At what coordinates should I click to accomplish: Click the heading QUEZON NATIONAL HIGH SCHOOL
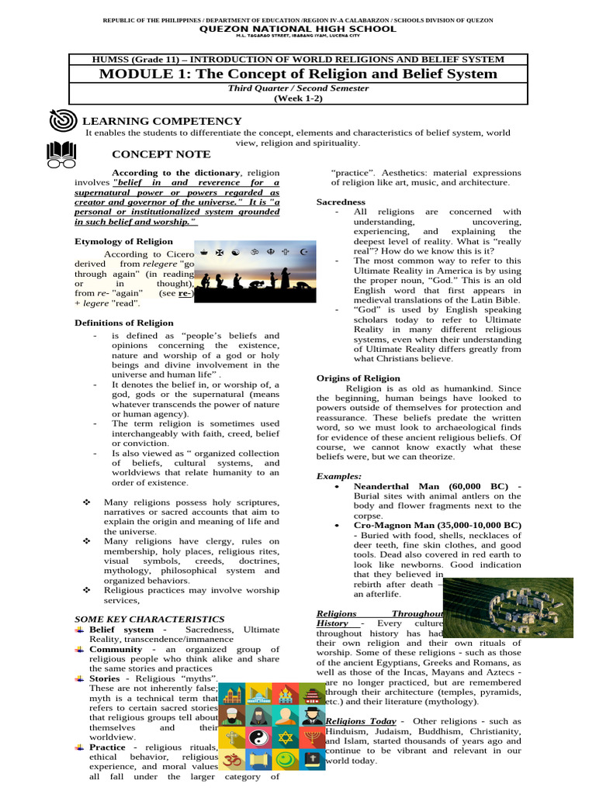coord(298,29)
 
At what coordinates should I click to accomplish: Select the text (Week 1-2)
coord(298,98)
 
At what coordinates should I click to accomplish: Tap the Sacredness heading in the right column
coord(341,202)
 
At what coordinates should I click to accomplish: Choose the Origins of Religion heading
coord(358,378)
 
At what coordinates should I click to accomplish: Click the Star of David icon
coord(286,738)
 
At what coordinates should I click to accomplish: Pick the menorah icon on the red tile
coord(312,738)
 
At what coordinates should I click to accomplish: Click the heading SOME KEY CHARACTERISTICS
coord(149,620)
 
